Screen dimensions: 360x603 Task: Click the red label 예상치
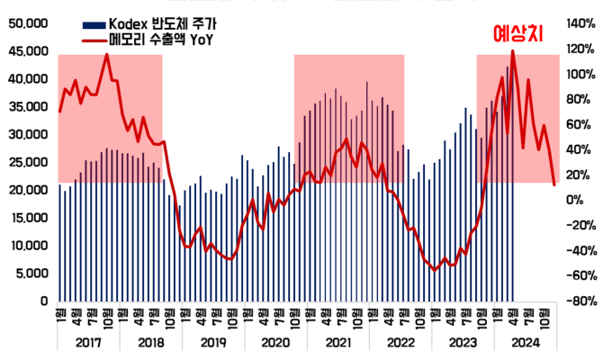coord(522,33)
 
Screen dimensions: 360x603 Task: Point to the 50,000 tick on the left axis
coord(29,23)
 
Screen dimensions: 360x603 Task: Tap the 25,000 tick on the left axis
coord(29,162)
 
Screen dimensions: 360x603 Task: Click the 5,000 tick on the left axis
coord(32,273)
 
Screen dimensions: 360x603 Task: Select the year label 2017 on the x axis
coord(88,342)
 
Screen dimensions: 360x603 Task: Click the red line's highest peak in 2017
coord(106,54)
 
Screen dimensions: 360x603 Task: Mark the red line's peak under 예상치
coord(513,51)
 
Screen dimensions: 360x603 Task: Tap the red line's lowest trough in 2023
coord(434,269)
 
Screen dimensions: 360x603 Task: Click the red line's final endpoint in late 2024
coord(553,184)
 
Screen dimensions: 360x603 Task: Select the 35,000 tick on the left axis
coord(29,106)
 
